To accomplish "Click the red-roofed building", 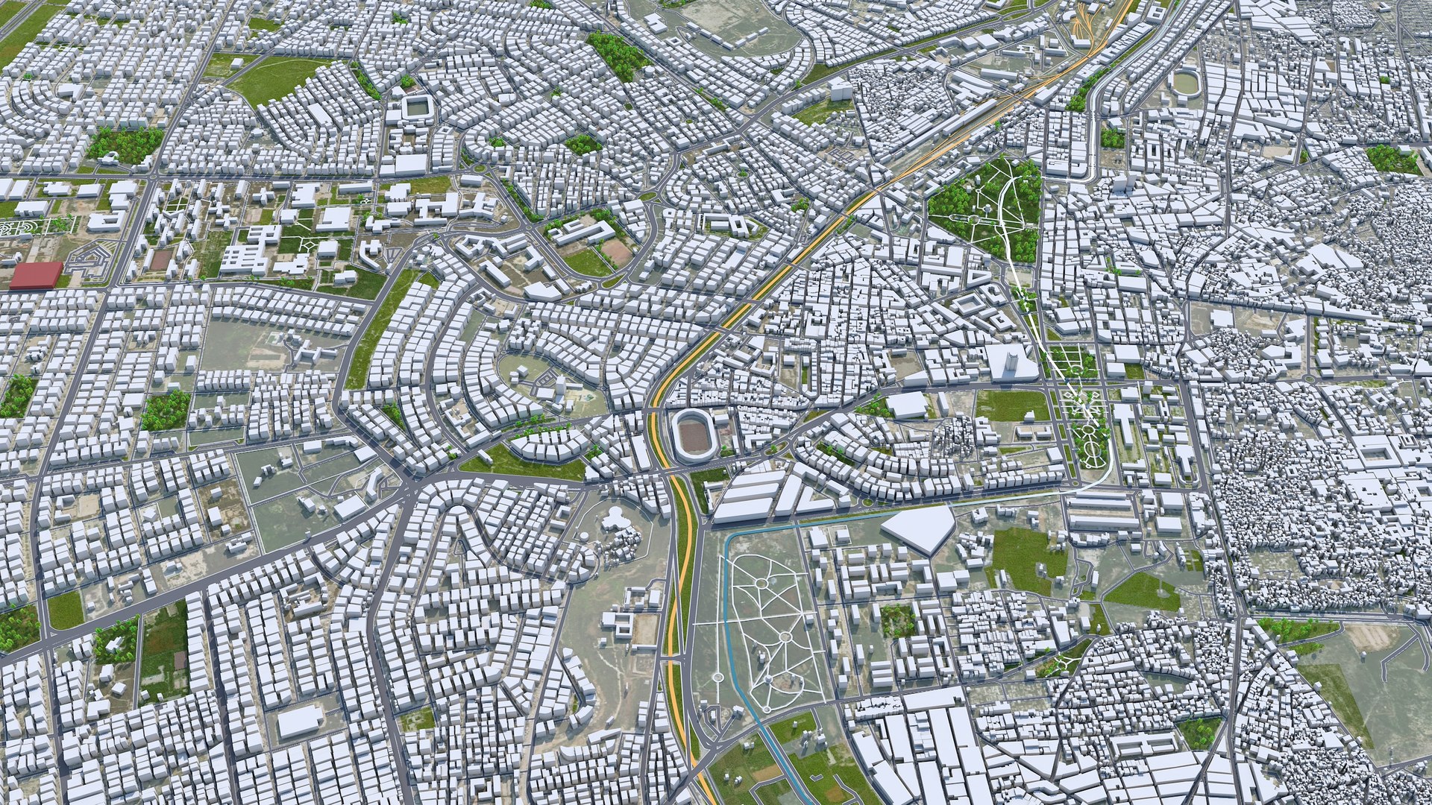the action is coord(36,274).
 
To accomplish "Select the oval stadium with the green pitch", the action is coord(1184,83).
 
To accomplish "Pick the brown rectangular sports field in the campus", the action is coord(160,259).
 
